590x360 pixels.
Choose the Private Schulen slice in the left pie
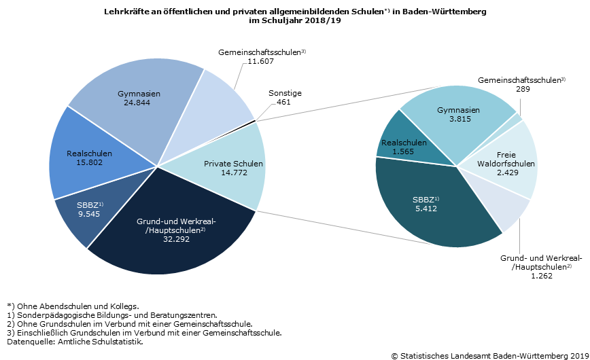224,168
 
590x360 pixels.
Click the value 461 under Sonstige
283,103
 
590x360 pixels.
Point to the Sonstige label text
285,93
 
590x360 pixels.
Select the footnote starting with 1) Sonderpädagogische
111,315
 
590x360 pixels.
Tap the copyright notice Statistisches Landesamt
490,355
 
